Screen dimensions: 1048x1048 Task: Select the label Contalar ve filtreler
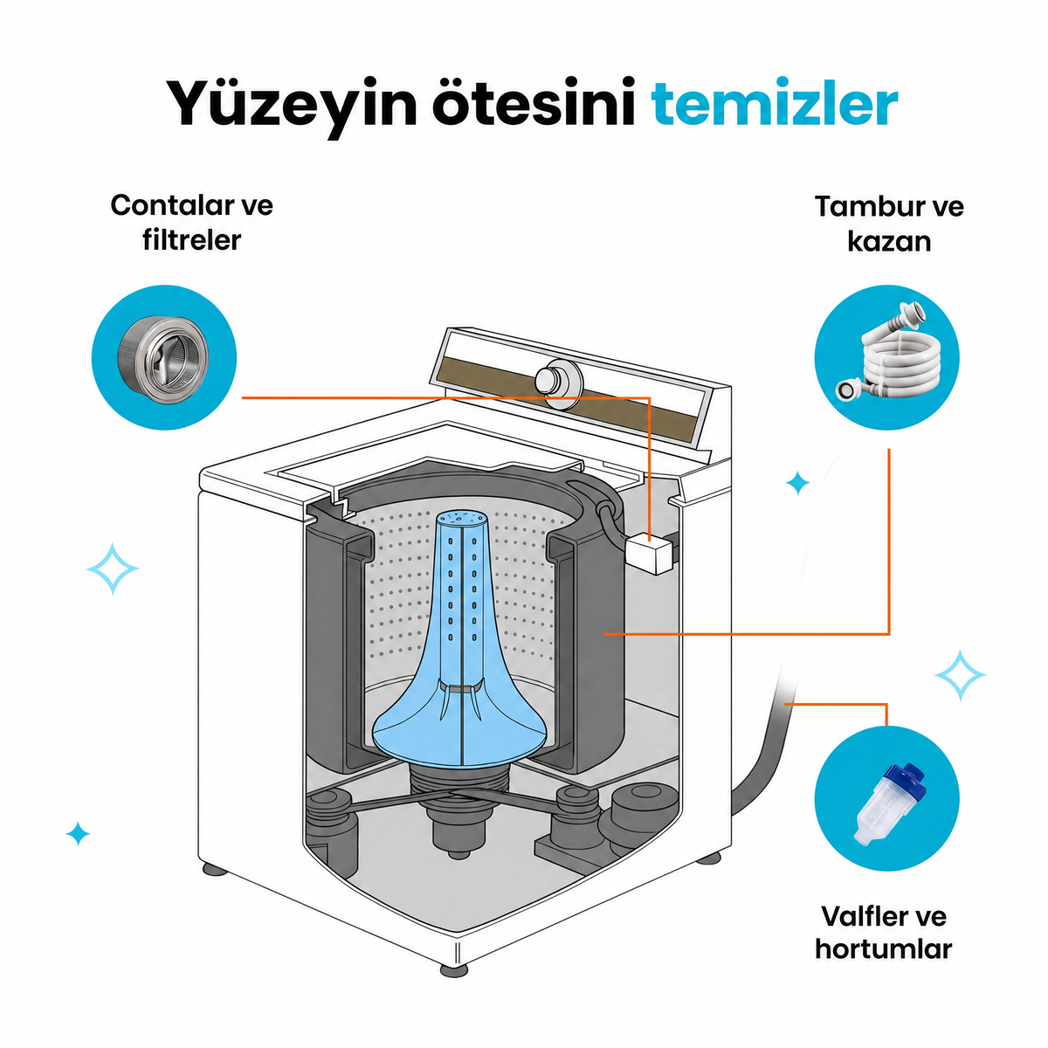pos(192,223)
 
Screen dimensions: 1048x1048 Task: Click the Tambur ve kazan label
pos(889,224)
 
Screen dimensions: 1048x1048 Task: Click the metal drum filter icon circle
pos(164,358)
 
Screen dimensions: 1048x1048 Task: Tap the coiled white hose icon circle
pos(887,358)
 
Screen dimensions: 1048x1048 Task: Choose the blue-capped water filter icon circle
pos(887,798)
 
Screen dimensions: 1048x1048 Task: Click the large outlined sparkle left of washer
pos(113,569)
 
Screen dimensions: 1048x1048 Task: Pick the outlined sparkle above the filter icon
pos(960,675)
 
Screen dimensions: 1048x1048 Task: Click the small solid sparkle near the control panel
pos(798,483)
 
